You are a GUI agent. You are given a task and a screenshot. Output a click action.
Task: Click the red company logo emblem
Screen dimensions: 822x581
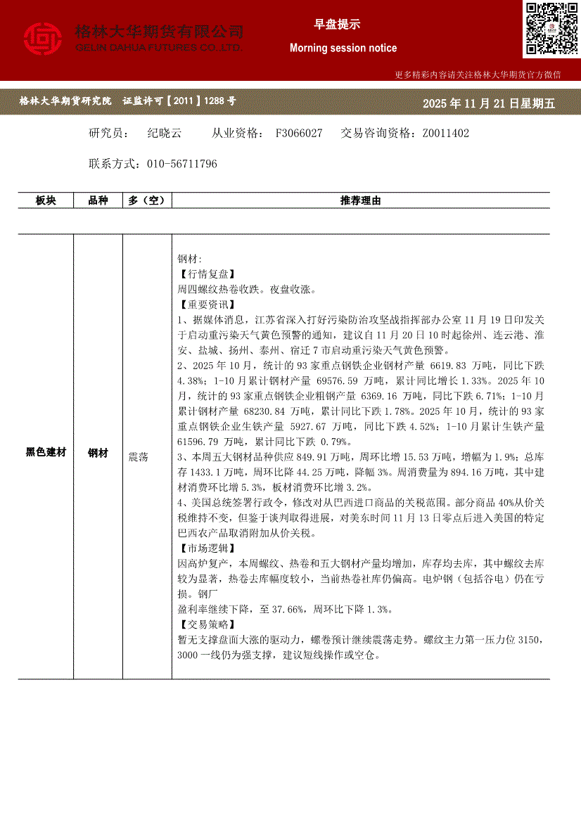tap(43, 39)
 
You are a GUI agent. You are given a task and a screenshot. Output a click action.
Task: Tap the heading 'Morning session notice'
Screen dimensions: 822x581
tap(343, 49)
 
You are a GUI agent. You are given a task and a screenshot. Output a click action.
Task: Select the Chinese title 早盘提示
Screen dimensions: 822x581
tap(337, 25)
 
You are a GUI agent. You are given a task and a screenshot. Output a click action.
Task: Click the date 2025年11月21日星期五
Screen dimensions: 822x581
tap(489, 103)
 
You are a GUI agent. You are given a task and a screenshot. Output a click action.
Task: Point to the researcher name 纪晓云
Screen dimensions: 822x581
tap(165, 133)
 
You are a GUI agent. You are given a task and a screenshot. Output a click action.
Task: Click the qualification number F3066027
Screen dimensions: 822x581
tap(299, 133)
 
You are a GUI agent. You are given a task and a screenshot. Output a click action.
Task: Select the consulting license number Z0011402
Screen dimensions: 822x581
tap(445, 133)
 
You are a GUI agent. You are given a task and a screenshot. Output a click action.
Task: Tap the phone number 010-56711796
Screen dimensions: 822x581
tap(182, 164)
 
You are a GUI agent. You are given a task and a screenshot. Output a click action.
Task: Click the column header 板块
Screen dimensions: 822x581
tap(46, 201)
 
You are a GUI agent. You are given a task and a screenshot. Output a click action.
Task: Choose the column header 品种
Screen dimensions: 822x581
tap(98, 201)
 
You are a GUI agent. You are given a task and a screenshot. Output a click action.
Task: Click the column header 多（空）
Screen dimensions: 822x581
tap(147, 201)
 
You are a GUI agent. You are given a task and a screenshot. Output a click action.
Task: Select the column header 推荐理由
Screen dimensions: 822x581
tap(360, 201)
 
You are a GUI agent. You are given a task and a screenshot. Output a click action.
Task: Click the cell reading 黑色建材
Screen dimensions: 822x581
tap(46, 453)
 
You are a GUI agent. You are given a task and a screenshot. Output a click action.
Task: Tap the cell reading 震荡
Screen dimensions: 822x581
tap(139, 457)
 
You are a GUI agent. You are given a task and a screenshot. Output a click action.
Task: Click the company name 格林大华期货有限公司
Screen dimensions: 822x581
tap(159, 32)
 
